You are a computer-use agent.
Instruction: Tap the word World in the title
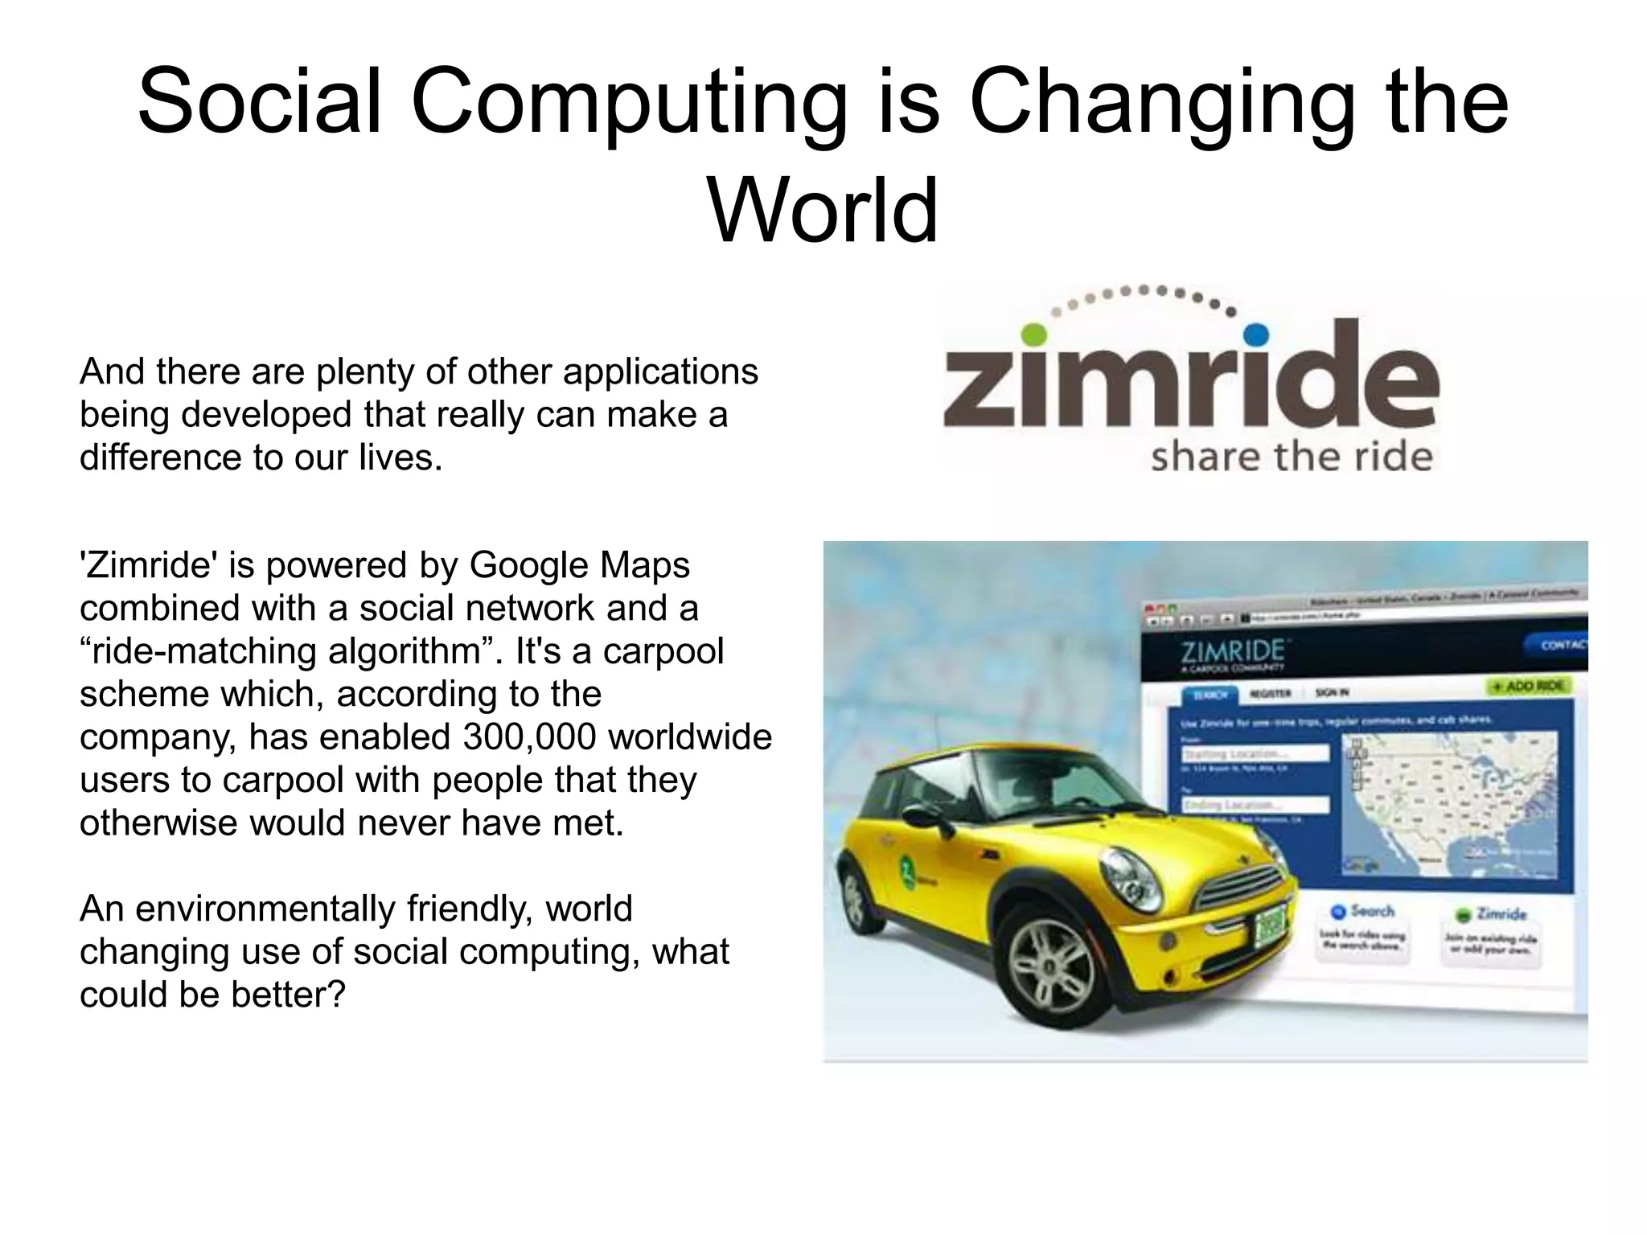point(823,211)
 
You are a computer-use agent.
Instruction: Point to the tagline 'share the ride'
point(1292,457)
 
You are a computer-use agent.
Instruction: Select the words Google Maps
point(579,564)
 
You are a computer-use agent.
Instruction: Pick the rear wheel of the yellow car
point(854,901)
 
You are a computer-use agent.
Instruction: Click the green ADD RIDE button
point(1526,686)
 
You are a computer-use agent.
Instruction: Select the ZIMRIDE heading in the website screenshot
point(1233,650)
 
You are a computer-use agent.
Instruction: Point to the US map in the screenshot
point(1448,804)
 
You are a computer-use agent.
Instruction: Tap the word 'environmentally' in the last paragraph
point(265,909)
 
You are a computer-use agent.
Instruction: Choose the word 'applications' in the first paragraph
point(659,371)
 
